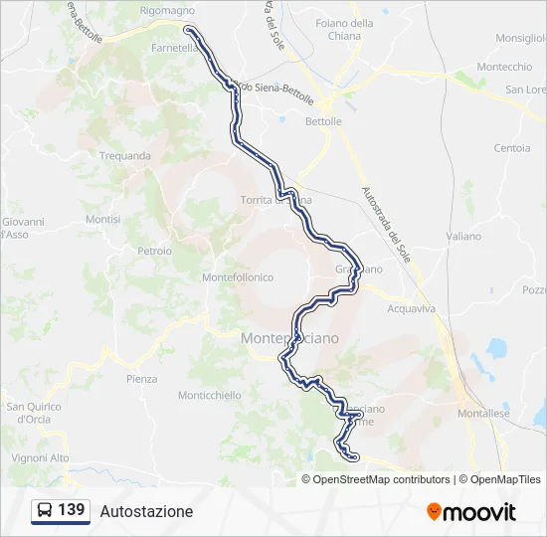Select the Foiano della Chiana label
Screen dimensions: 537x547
pyautogui.click(x=345, y=30)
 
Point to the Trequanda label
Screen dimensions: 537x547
pyautogui.click(x=125, y=155)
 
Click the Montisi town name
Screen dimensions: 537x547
pyautogui.click(x=102, y=219)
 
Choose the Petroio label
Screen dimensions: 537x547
pyautogui.click(x=154, y=251)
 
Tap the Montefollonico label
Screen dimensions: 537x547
pyautogui.click(x=237, y=277)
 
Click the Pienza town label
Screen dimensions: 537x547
pyautogui.click(x=141, y=379)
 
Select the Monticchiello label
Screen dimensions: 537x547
pyautogui.click(x=209, y=395)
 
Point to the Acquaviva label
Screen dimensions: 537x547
pyautogui.click(x=411, y=308)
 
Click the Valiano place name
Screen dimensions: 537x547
pyautogui.click(x=463, y=237)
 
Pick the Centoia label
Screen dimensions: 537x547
pyautogui.click(x=512, y=148)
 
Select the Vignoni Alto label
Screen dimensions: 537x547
pyautogui.click(x=41, y=457)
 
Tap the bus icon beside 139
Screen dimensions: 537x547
pyautogui.click(x=45, y=510)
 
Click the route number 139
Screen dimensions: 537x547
pyautogui.click(x=72, y=510)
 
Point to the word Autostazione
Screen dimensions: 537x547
pyautogui.click(x=146, y=511)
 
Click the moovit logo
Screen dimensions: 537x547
pyautogui.click(x=471, y=512)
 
